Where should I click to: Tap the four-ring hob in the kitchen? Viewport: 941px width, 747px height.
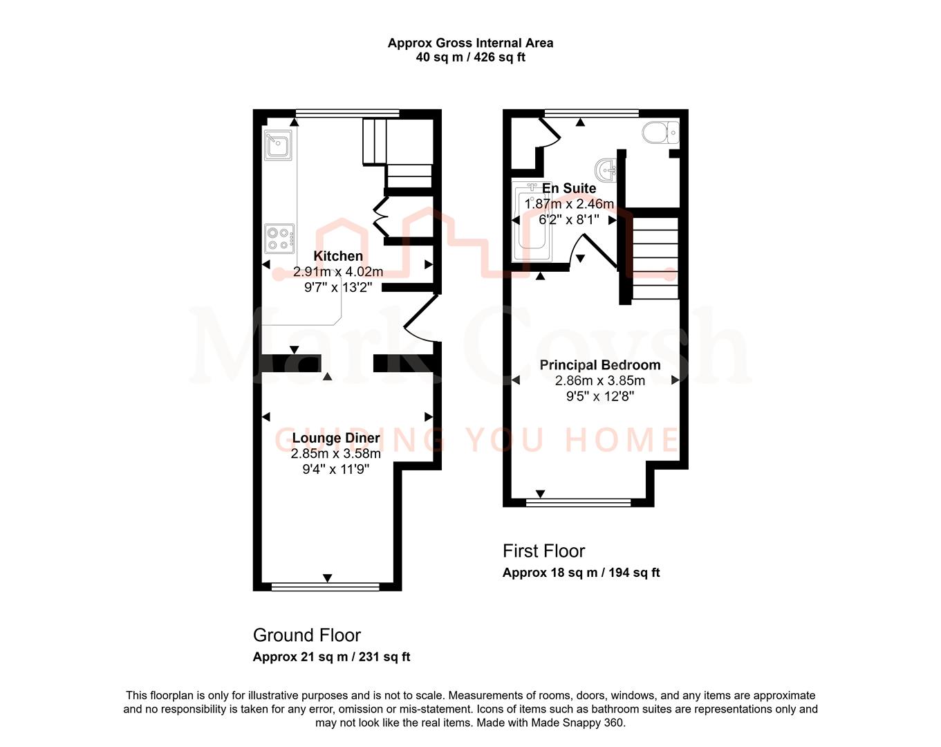click(x=279, y=239)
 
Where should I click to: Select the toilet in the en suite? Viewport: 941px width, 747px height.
click(x=660, y=132)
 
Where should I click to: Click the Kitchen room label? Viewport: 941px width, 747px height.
click(x=338, y=256)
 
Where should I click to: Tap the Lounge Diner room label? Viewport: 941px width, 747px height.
click(x=336, y=438)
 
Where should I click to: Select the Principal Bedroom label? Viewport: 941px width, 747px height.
click(x=599, y=365)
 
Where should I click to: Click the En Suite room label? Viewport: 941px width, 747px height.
click(x=569, y=188)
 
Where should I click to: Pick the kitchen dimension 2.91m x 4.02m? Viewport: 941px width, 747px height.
click(x=338, y=272)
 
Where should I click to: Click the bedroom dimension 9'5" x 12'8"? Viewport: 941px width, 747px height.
click(x=599, y=396)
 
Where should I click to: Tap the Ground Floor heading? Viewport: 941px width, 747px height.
click(x=307, y=635)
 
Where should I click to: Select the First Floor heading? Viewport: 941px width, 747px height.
click(x=543, y=551)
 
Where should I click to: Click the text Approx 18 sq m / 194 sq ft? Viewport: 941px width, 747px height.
click(x=581, y=573)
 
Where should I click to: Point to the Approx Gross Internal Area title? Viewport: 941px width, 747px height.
click(x=470, y=43)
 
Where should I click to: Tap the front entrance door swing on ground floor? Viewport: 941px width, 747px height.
click(x=420, y=320)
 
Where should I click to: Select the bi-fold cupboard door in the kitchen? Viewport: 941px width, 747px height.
click(x=380, y=216)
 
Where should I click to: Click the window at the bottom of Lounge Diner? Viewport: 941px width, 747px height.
click(x=326, y=587)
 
